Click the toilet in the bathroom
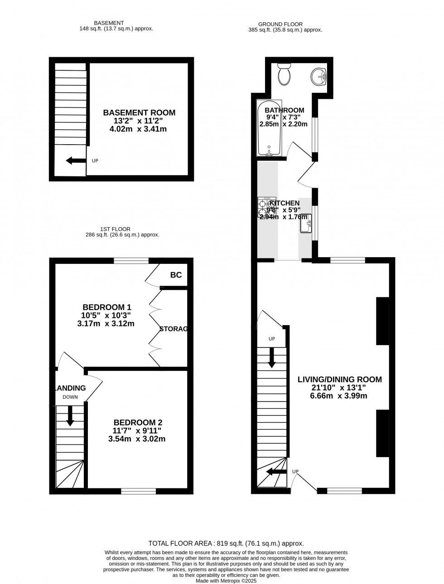285,75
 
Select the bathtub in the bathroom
269,128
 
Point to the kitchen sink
305,223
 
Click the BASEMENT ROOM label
139,112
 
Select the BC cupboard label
176,275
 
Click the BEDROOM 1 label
107,307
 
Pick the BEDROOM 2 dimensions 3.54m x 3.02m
137,439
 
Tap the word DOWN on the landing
70,397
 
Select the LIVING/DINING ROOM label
339,380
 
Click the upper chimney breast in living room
382,321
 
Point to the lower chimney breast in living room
382,433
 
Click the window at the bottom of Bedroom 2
138,491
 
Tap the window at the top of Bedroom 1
131,260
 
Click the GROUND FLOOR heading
280,24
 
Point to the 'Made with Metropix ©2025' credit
226,580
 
